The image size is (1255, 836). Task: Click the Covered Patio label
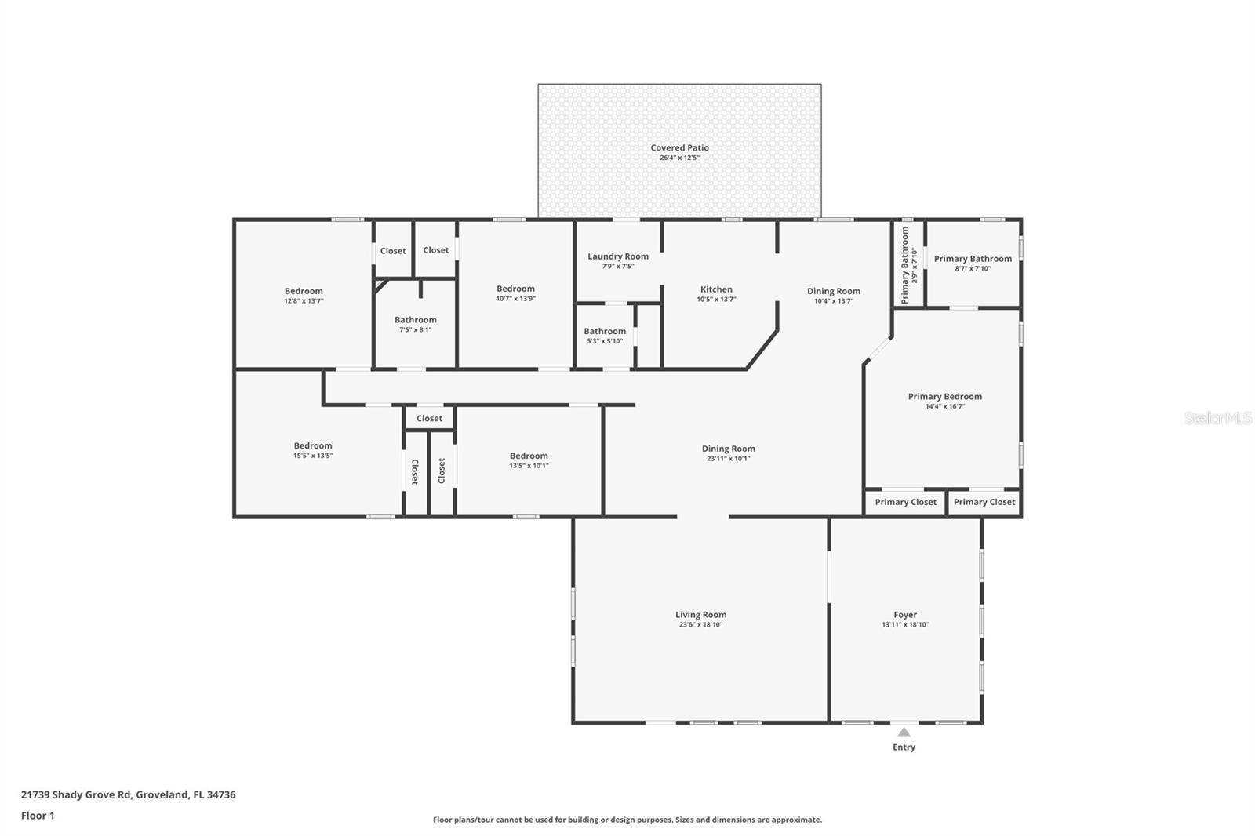(679, 148)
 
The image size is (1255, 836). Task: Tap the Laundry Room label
(618, 256)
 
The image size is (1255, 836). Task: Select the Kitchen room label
(716, 289)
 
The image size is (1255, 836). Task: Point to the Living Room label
(701, 615)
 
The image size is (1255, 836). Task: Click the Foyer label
(905, 615)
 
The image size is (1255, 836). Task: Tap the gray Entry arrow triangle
(904, 732)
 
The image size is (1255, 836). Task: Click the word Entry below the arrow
(904, 747)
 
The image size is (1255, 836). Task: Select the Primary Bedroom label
(945, 397)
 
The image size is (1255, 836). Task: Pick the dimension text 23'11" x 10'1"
(729, 458)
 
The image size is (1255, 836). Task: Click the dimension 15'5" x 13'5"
(313, 456)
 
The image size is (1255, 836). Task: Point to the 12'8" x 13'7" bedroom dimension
(304, 301)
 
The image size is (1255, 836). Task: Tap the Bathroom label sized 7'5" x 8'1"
(415, 320)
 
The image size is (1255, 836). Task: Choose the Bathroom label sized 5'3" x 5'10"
(605, 331)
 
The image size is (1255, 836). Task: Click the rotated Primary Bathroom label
(905, 266)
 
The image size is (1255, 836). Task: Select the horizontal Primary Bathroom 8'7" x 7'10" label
(973, 259)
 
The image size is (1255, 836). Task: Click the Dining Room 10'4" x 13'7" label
(834, 292)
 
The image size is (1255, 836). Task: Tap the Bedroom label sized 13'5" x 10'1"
(529, 456)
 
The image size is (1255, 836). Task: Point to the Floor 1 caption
(38, 816)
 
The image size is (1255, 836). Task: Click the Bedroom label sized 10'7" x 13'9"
(515, 289)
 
